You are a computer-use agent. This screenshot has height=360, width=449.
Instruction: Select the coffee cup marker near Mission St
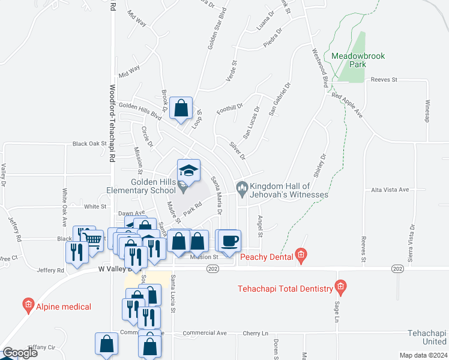pyautogui.click(x=229, y=241)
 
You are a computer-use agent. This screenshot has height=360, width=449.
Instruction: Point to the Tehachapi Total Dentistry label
pyautogui.click(x=285, y=289)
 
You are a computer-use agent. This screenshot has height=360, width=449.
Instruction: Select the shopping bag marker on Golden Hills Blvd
pyautogui.click(x=181, y=108)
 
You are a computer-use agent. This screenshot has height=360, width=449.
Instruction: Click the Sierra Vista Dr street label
pyautogui.click(x=412, y=243)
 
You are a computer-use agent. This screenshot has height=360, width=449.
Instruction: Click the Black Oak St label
pyautogui.click(x=89, y=144)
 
